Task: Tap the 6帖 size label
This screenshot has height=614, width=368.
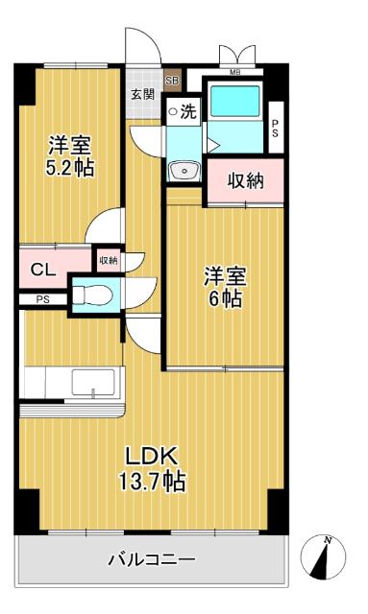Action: [x=223, y=297]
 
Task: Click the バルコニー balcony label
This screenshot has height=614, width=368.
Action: [x=151, y=558]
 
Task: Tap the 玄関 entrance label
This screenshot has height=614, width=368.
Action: [x=142, y=93]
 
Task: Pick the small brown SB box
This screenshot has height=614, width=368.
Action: [x=172, y=82]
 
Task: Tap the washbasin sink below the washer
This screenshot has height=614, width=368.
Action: [x=180, y=170]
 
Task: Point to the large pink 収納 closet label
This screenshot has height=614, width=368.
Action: [x=245, y=180]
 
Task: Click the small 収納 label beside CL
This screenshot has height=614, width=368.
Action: [x=107, y=260]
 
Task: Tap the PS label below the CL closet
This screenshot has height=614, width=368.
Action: [x=42, y=299]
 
